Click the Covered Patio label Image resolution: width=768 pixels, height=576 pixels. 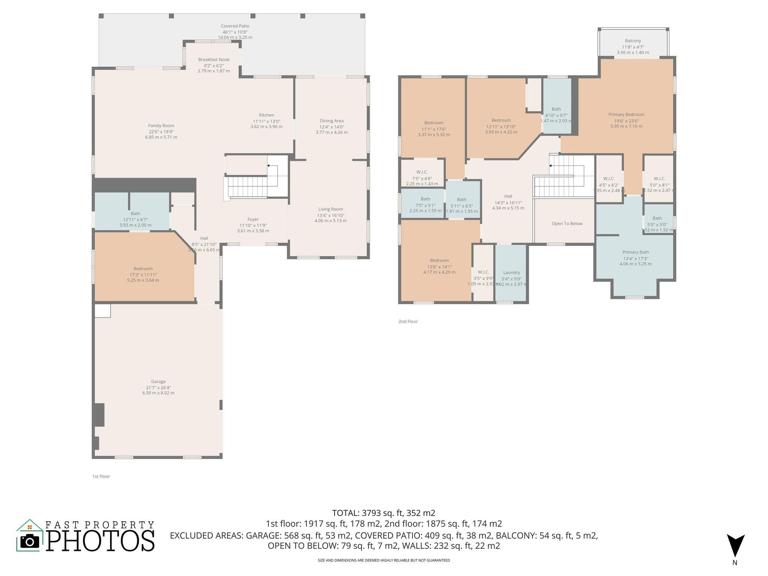(x=235, y=26)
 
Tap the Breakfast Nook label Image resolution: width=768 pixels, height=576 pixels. (x=214, y=60)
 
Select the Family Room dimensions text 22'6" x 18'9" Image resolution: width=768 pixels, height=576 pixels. (x=161, y=132)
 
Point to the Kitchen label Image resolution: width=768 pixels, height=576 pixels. (x=266, y=115)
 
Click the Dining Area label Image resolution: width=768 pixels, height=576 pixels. (x=331, y=121)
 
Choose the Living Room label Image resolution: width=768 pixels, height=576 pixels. (x=330, y=209)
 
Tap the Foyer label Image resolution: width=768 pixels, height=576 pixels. (x=253, y=219)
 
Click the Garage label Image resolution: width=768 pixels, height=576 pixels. (x=158, y=381)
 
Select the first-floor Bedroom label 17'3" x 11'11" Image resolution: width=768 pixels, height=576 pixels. (x=143, y=268)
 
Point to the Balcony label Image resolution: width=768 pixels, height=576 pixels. (x=633, y=41)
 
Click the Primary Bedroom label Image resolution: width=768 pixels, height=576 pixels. (x=626, y=115)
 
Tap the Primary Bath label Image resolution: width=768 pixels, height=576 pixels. (x=635, y=252)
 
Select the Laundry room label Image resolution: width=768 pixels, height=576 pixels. (x=511, y=273)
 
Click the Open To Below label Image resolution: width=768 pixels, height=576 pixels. (x=567, y=223)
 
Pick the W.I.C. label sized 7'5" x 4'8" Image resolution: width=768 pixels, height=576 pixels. (x=422, y=172)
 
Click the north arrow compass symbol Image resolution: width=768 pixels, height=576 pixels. (x=735, y=546)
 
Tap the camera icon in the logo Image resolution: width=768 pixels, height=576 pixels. (x=30, y=541)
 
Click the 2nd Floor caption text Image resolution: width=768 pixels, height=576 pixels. (x=408, y=321)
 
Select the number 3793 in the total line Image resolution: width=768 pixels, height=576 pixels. (x=371, y=513)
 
